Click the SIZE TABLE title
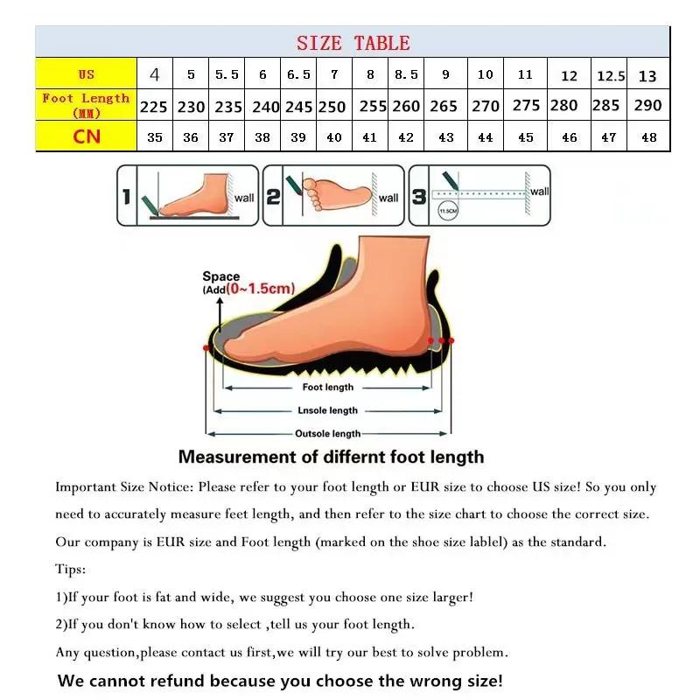tap(353, 43)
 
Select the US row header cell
tap(86, 74)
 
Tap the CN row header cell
tap(86, 136)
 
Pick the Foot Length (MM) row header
tap(86, 105)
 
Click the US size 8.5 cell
tap(406, 74)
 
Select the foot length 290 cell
tap(647, 105)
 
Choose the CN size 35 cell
tap(155, 136)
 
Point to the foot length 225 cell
tap(154, 106)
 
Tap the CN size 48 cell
tap(647, 136)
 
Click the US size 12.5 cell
tap(611, 75)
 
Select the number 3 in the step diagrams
tap(419, 197)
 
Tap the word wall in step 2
tap(388, 198)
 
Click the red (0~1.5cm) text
tap(260, 288)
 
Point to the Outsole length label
tap(327, 433)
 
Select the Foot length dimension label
tap(327, 387)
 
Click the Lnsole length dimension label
tap(327, 409)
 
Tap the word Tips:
tap(70, 570)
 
